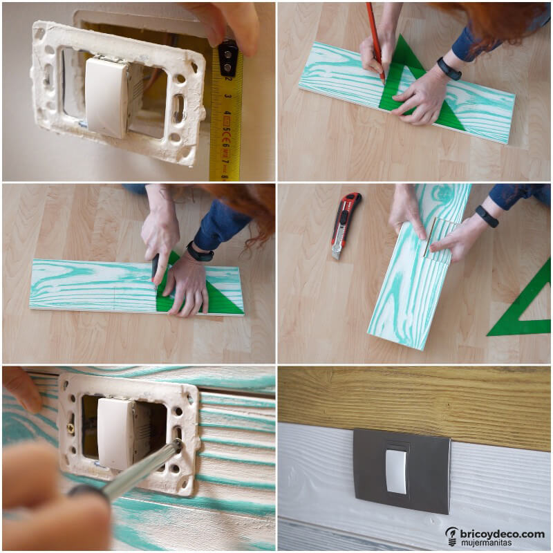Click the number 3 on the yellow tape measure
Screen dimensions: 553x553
[x=229, y=96]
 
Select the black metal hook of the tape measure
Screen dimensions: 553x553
[x=228, y=57]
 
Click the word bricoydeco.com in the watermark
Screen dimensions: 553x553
[x=503, y=534]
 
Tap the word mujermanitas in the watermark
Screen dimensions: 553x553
[x=486, y=543]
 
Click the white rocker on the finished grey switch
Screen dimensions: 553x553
[x=397, y=471]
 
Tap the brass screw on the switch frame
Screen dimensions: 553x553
[x=71, y=428]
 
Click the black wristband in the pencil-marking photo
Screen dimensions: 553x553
[x=449, y=68]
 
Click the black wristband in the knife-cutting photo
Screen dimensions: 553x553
[x=199, y=252]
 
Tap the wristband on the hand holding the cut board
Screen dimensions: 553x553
[x=487, y=216]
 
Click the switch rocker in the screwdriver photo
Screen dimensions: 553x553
[x=115, y=434]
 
